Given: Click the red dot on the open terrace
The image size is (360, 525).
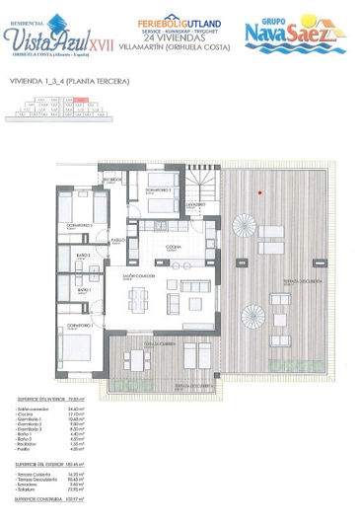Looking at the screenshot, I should click(258, 192).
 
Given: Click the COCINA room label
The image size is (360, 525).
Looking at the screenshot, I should click(173, 247).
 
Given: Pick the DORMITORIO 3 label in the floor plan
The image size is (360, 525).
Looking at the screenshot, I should click(160, 188).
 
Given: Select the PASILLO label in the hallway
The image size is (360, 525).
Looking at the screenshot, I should click(117, 240).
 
